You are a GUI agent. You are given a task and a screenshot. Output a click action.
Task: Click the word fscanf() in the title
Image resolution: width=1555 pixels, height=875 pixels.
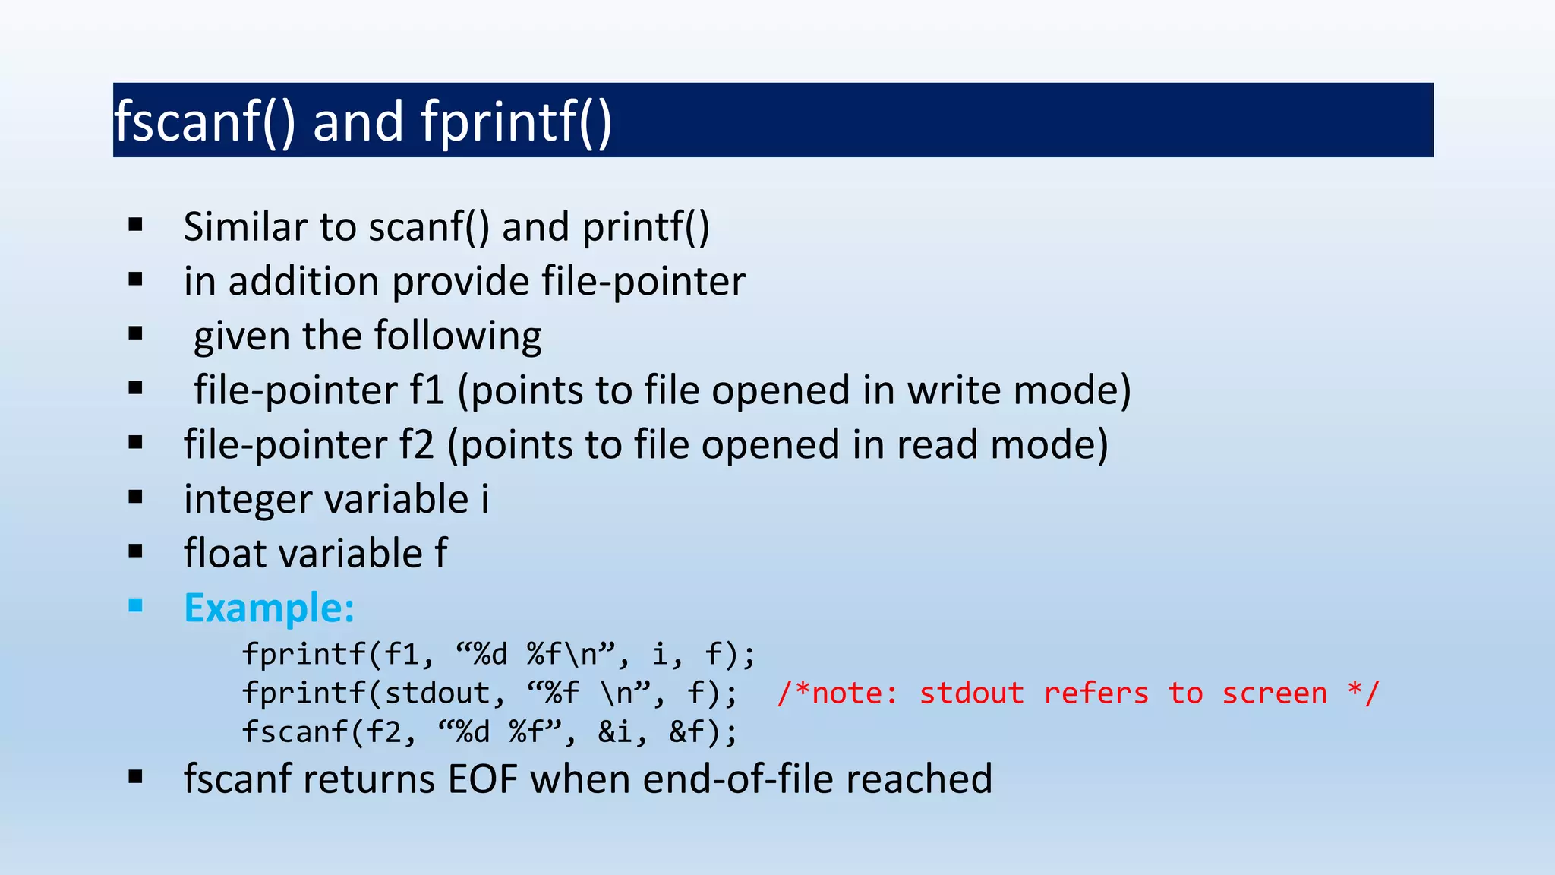tap(204, 122)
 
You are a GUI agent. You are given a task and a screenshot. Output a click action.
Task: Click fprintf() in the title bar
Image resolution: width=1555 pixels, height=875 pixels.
tap(516, 122)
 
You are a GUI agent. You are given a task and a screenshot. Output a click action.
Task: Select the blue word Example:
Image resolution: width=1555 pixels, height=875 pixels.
tap(269, 608)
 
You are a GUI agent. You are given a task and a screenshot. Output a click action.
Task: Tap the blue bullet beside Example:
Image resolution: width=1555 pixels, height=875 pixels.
tap(136, 605)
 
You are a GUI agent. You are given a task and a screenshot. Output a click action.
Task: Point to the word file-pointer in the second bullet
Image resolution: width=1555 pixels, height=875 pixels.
tap(643, 282)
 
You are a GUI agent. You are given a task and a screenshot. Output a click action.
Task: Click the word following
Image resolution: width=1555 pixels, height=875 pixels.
tap(458, 336)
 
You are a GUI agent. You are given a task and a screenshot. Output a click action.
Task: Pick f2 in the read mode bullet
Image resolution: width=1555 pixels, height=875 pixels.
tap(417, 445)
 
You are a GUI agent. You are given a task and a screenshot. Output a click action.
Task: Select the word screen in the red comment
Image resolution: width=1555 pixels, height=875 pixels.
tap(1274, 693)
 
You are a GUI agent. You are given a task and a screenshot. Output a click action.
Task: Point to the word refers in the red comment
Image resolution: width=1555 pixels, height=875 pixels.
tap(1096, 693)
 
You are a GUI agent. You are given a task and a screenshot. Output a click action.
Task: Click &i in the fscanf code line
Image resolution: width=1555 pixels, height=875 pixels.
tap(615, 732)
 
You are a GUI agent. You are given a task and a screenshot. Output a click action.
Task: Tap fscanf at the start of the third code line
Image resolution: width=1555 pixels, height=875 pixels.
tap(295, 732)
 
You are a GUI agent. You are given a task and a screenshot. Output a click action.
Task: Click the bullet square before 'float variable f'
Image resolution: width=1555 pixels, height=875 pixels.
tap(136, 551)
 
